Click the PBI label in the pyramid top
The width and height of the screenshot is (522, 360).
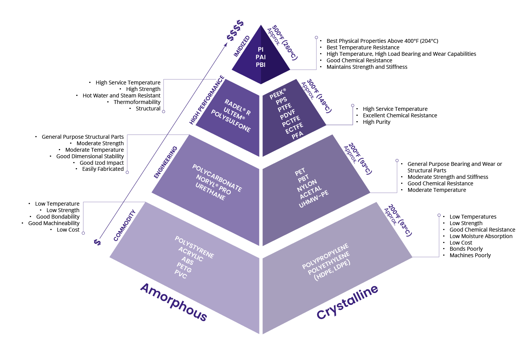click(261, 65)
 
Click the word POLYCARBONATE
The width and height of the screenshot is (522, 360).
click(217, 178)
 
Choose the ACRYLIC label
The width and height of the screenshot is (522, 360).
click(191, 254)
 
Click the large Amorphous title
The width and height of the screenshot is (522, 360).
click(173, 302)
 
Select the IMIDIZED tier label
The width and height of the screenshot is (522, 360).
click(242, 46)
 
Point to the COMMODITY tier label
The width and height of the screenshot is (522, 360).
click(125, 225)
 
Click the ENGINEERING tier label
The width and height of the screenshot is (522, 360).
click(165, 162)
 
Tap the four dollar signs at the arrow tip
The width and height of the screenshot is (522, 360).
click(235, 30)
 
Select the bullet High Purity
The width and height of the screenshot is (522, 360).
click(376, 122)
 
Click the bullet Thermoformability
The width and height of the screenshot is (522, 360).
click(137, 102)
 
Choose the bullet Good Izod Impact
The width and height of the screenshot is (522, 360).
click(101, 163)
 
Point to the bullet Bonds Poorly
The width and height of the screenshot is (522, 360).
click(466, 249)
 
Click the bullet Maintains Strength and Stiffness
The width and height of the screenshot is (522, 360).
click(366, 67)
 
